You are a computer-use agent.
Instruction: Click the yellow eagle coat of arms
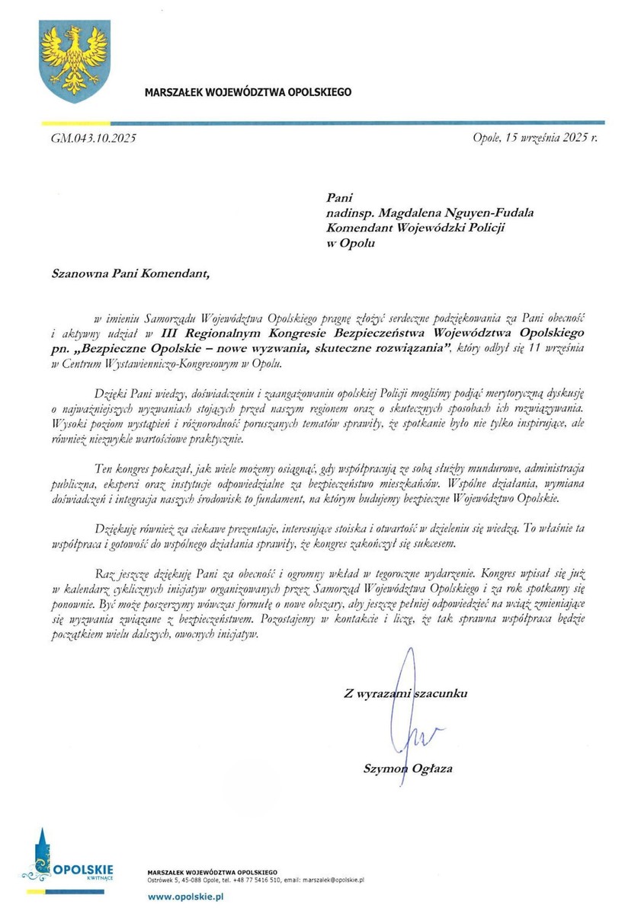(75, 61)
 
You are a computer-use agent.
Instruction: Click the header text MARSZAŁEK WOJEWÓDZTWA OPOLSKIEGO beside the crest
(248, 92)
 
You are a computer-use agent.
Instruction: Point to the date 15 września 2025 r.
(536, 139)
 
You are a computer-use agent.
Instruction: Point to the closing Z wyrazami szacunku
(405, 693)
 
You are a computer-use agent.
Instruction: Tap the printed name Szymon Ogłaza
(408, 769)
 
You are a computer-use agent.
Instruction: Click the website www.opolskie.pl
(185, 898)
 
